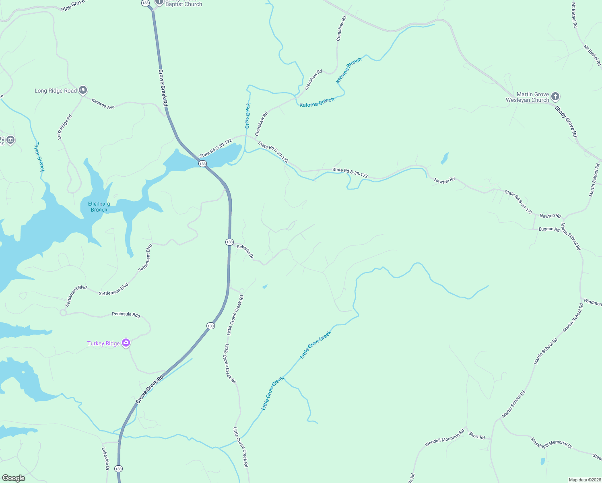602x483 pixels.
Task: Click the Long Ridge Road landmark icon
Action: [x=83, y=90]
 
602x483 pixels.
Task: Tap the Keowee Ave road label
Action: [x=103, y=104]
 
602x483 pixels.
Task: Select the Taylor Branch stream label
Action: [x=39, y=157]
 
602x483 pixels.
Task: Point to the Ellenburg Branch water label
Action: [x=99, y=206]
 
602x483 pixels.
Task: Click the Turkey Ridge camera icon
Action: [x=126, y=343]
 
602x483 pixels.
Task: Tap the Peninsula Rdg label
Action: [x=126, y=314]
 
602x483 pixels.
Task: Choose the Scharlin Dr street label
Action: [x=245, y=252]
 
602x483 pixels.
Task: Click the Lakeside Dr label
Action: [x=105, y=459]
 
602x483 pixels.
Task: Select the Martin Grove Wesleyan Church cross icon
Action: [x=555, y=96]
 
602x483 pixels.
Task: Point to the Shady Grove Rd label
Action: [x=566, y=122]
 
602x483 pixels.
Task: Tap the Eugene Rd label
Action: [x=549, y=229]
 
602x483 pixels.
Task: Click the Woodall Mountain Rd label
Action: [x=444, y=438]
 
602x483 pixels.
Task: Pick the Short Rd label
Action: [x=477, y=436]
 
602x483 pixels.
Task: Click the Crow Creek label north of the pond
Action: [x=248, y=116]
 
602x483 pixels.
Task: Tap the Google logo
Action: [x=14, y=478]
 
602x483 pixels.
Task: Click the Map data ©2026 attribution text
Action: [x=584, y=480]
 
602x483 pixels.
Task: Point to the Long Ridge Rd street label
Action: [x=64, y=127]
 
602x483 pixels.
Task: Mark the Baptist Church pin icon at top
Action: [x=159, y=2]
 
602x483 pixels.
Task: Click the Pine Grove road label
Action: [x=73, y=6]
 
